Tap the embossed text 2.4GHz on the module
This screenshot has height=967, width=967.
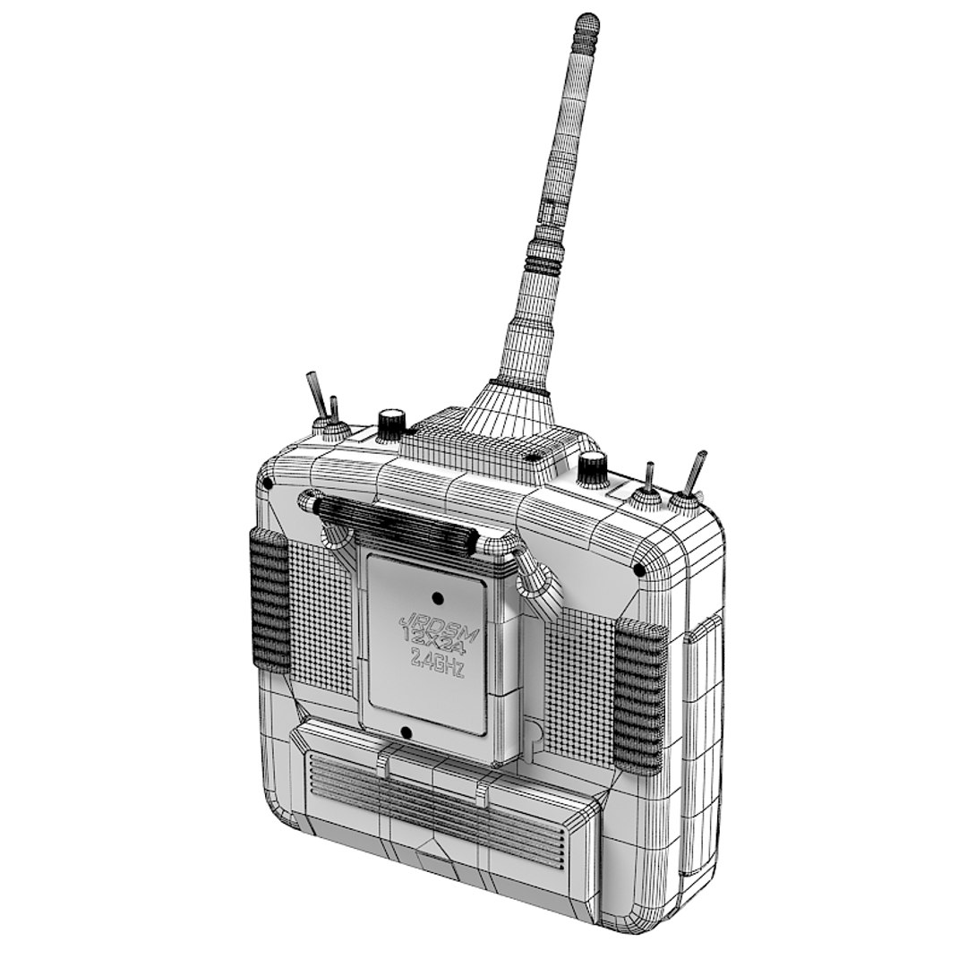436,663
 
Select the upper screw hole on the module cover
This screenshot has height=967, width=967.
437,597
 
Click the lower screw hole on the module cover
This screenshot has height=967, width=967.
406,733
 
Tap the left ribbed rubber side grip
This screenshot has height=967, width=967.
269,600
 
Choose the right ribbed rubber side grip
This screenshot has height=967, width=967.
641,694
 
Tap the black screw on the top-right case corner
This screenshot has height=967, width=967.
639,569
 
